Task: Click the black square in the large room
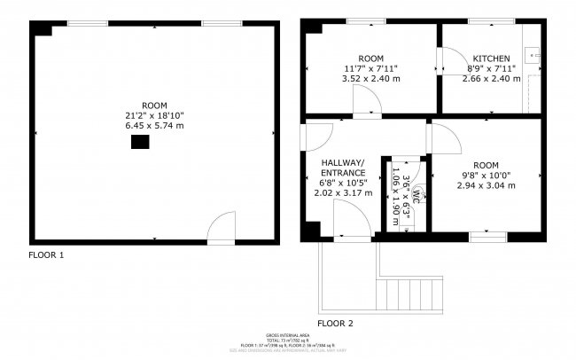click(139, 143)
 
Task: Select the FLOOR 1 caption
click(46, 255)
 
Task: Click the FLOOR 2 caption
click(335, 322)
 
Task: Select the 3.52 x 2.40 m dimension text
click(370, 77)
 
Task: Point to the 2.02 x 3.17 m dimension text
click(342, 192)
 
